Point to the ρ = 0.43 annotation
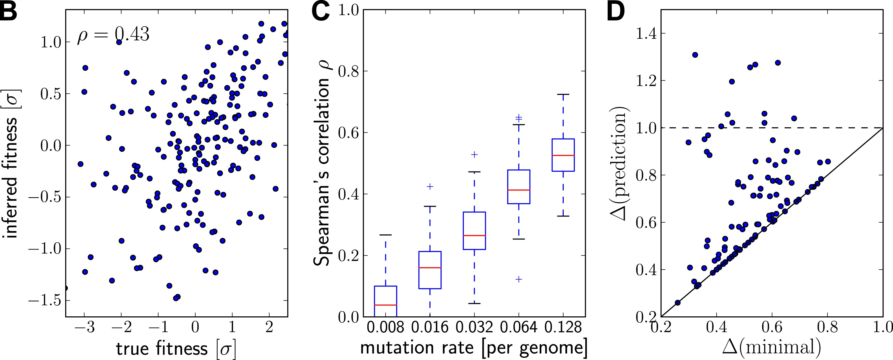tap(113, 35)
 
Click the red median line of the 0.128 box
tap(563, 156)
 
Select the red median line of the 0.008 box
tap(386, 305)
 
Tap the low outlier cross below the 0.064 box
tap(519, 279)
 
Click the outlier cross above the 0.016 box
tap(430, 186)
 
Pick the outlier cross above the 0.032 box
tap(474, 154)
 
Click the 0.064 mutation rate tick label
tap(519, 328)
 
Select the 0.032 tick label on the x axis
tap(474, 328)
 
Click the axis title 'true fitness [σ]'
tap(176, 349)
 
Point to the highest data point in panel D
tap(695, 55)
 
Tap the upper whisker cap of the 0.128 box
tap(563, 94)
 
